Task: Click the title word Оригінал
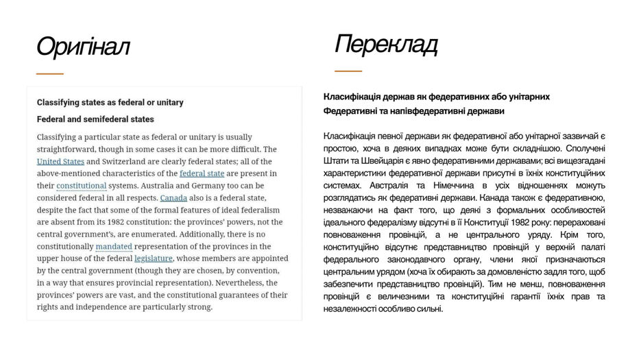click(82, 47)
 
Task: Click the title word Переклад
click(386, 45)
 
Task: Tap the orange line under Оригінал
click(50, 73)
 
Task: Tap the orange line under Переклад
click(348, 71)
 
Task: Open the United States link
click(60, 162)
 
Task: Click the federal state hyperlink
click(202, 173)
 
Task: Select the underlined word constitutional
click(81, 186)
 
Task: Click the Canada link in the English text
click(173, 198)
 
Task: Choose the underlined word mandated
click(114, 246)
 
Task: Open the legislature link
click(154, 259)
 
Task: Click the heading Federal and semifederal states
click(95, 119)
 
